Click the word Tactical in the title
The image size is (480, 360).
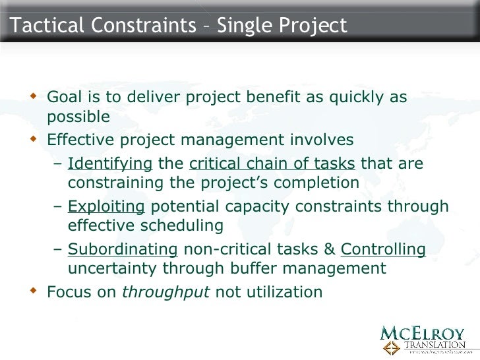41,26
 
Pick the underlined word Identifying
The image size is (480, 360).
110,163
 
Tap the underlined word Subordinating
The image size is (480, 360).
123,250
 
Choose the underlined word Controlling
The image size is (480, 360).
382,250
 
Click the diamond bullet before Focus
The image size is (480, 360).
35,289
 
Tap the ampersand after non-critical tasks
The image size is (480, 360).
329,250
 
